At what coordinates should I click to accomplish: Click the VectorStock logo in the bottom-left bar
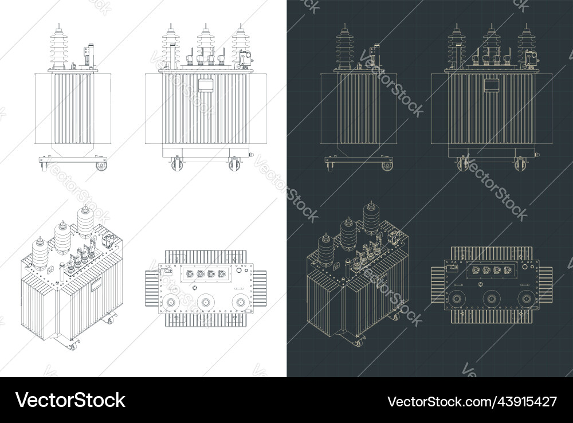pos(70,400)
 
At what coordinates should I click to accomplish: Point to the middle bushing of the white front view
pos(206,43)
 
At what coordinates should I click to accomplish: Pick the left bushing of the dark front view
pos(457,45)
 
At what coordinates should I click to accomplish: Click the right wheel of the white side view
pos(101,166)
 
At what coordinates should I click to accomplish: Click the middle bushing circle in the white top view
pos(205,302)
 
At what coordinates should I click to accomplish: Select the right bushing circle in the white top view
pos(240,302)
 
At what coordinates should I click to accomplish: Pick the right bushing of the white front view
pos(240,43)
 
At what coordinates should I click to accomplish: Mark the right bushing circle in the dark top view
pos(525,299)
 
